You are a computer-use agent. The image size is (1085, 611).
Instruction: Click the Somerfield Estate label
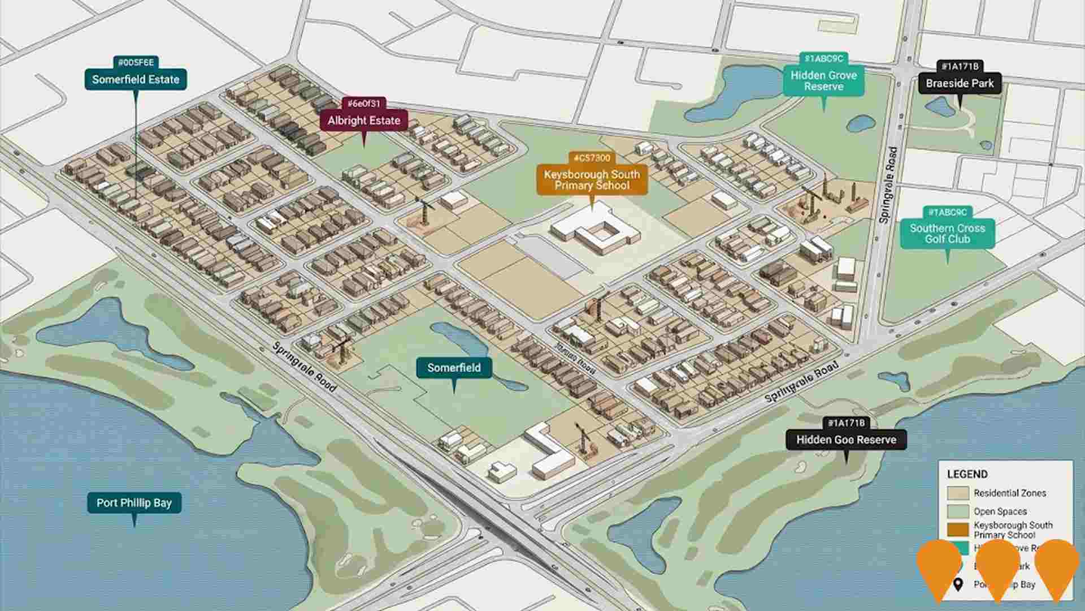(136, 80)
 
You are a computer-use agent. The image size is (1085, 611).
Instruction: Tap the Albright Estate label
(363, 121)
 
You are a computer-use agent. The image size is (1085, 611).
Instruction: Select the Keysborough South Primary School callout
(592, 180)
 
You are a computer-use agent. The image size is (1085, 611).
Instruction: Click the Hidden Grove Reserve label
(823, 81)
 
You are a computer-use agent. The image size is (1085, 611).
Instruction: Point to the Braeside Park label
(960, 84)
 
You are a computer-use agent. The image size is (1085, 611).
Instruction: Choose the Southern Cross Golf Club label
(947, 234)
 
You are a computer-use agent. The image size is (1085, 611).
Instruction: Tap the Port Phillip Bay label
(134, 502)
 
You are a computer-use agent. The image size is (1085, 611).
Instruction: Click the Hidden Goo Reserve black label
(846, 440)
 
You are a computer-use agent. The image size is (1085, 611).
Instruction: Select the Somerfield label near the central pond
(454, 368)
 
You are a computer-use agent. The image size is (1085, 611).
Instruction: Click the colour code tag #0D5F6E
(136, 62)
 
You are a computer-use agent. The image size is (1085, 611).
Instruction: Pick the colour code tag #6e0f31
(364, 104)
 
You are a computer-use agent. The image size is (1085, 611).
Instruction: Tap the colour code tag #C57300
(592, 158)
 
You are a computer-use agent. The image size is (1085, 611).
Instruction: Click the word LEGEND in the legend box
(967, 474)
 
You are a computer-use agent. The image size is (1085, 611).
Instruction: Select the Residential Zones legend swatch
(958, 493)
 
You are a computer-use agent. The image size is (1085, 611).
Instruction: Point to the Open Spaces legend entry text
(1000, 511)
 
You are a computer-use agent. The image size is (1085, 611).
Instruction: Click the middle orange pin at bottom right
(997, 569)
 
